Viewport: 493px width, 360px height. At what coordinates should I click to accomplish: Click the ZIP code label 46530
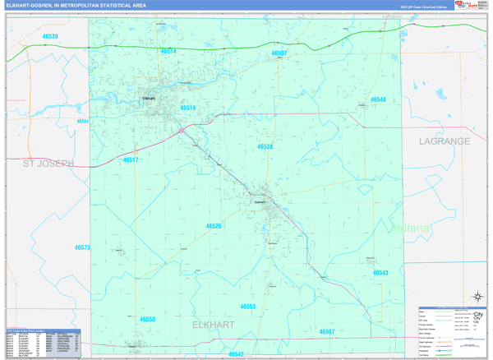(50, 37)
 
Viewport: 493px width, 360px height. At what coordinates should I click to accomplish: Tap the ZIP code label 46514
(168, 51)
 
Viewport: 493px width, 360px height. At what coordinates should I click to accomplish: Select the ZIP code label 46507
(279, 53)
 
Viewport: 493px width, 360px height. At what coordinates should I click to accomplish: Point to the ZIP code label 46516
(188, 108)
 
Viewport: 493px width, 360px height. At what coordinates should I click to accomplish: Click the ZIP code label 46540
(378, 99)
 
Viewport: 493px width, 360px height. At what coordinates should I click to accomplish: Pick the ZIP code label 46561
(83, 121)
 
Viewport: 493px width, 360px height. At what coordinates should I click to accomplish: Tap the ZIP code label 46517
(131, 160)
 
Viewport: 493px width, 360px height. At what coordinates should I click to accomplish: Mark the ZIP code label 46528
(265, 146)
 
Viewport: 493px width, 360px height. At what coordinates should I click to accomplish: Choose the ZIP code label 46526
(214, 225)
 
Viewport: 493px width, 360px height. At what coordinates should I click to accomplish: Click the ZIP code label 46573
(82, 247)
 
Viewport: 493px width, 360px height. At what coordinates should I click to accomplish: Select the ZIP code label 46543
(380, 272)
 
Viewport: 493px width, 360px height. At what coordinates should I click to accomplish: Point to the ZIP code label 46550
(147, 319)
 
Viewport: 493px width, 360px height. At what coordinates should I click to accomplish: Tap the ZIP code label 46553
(248, 306)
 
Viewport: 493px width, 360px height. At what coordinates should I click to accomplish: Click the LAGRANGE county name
(445, 141)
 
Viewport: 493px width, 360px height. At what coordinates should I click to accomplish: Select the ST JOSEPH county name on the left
(48, 164)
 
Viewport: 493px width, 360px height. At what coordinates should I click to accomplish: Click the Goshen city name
(260, 201)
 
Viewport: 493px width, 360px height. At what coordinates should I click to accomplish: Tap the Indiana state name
(409, 228)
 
